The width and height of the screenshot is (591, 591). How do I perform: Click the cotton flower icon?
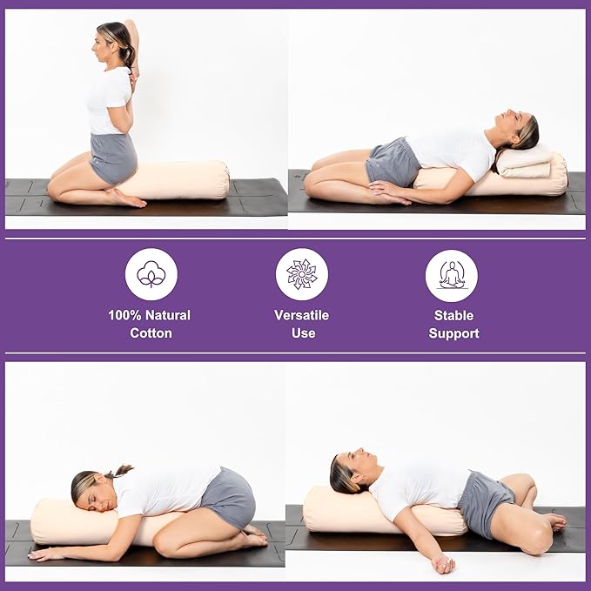click(x=151, y=274)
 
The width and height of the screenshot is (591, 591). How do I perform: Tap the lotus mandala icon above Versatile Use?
click(x=302, y=274)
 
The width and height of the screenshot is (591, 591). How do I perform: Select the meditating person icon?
click(x=452, y=274)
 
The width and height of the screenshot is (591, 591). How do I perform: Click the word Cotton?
click(x=150, y=333)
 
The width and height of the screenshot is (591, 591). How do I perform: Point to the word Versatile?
click(x=302, y=315)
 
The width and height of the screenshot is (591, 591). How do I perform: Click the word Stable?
click(x=453, y=315)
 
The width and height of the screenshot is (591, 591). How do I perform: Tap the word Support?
click(x=453, y=333)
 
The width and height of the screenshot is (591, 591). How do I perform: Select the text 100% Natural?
click(x=150, y=315)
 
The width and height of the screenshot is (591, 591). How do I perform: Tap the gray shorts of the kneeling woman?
click(x=113, y=158)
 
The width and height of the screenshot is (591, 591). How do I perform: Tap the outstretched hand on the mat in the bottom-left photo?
click(x=44, y=554)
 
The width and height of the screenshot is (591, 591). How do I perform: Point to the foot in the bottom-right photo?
click(x=552, y=521)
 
